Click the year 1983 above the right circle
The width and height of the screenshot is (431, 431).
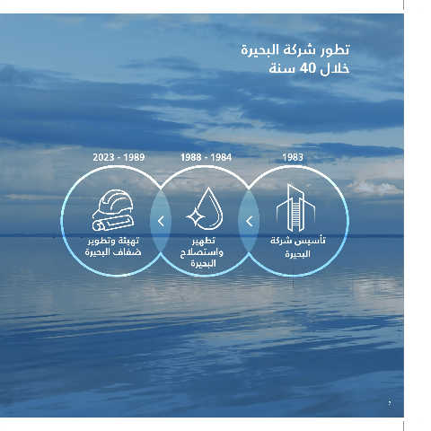tap(293, 157)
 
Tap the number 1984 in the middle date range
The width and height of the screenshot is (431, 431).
tap(221, 157)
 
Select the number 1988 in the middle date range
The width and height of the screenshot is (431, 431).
tap(191, 157)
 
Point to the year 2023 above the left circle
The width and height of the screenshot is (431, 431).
tap(103, 157)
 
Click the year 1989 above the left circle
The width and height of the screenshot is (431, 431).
tap(134, 157)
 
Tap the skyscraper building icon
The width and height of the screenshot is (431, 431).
tap(295, 207)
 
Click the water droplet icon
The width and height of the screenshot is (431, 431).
tap(206, 208)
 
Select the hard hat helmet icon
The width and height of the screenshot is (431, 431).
tap(114, 204)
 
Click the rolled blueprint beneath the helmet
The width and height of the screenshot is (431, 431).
tap(113, 223)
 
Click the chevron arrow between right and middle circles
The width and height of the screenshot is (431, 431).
tap(250, 222)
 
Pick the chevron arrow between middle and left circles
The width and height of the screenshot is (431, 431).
tap(161, 222)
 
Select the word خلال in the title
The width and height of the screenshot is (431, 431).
tap(335, 69)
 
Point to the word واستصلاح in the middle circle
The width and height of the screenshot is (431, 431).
tap(202, 252)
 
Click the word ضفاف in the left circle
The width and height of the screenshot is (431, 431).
tap(128, 252)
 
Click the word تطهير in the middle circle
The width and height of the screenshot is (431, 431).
tap(204, 241)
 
